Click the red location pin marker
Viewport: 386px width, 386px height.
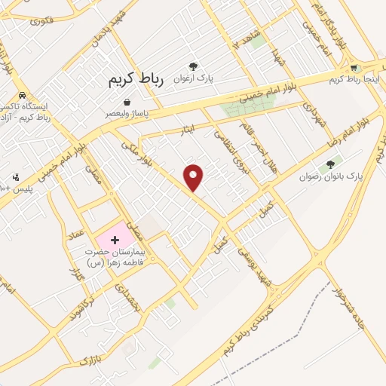click(x=195, y=177)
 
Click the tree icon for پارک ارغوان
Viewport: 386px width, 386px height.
click(x=194, y=66)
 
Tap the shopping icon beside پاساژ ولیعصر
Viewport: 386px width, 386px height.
click(x=126, y=102)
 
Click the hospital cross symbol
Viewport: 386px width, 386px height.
click(x=115, y=239)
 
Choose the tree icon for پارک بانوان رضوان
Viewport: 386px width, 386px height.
click(x=330, y=164)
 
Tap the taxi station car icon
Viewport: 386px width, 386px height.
click(x=23, y=96)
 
